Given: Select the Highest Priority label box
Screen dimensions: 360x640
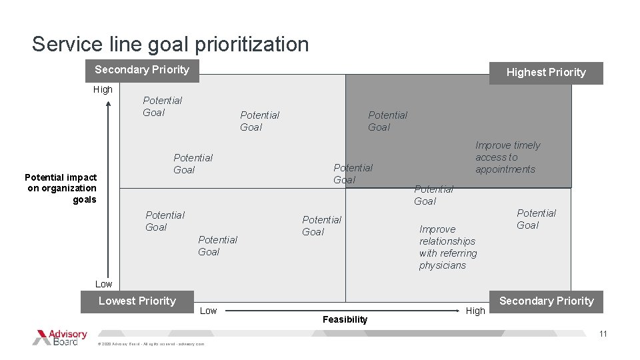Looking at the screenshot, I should (x=545, y=73).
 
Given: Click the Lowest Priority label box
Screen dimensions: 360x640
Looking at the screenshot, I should (x=137, y=301).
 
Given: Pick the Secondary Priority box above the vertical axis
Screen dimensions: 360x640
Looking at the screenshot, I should (x=142, y=70).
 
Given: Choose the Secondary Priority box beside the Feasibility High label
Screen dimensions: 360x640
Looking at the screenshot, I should (x=546, y=301).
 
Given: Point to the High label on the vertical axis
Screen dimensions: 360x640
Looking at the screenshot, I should (x=103, y=89).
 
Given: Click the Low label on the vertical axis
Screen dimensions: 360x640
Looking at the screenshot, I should (x=103, y=284).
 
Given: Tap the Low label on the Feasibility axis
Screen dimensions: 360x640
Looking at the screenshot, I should (x=209, y=311).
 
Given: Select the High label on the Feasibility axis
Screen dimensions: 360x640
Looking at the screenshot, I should (x=475, y=311).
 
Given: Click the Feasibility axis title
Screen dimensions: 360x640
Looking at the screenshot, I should (x=345, y=320).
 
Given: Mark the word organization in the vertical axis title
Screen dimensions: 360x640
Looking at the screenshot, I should (x=69, y=188).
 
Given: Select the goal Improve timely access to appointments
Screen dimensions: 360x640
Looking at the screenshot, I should (x=507, y=157).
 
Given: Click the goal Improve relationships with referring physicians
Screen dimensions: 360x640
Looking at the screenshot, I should (x=447, y=247).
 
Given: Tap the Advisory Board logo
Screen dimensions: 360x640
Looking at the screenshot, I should (x=60, y=337).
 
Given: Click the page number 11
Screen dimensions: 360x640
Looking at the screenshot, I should (x=603, y=334).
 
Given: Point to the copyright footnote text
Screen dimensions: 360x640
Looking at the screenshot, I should (x=151, y=344).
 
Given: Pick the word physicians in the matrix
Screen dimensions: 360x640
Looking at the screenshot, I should (x=443, y=265).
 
